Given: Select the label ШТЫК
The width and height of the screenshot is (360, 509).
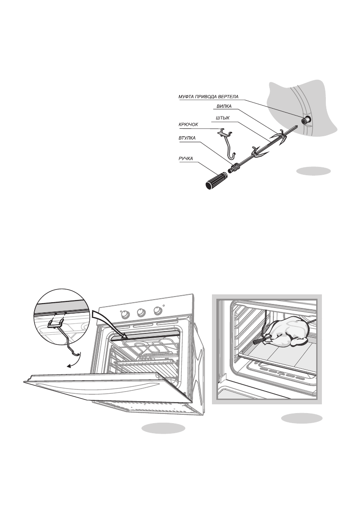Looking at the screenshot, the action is (222, 118).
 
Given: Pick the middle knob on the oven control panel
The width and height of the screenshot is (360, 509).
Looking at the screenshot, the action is (141, 312).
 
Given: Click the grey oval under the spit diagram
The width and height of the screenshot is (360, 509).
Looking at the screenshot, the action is (313, 171).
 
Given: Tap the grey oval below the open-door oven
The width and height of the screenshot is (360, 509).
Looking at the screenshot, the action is (163, 428).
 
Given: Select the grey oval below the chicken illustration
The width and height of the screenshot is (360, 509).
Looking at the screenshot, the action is (302, 418).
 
